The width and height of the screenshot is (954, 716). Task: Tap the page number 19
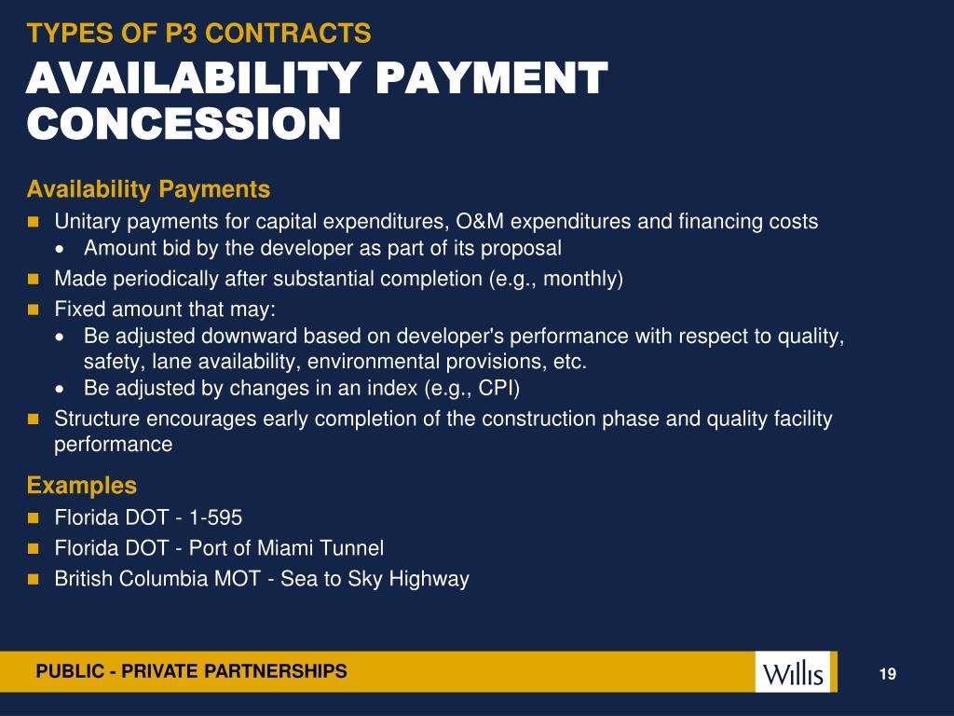[x=887, y=674]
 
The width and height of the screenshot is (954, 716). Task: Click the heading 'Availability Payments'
[x=148, y=190]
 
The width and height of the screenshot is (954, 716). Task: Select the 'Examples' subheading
[x=82, y=486]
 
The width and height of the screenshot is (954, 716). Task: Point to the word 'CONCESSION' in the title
[x=184, y=124]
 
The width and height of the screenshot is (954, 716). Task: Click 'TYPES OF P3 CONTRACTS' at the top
[x=199, y=34]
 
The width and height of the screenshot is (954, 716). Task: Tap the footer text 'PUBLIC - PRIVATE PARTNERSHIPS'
[x=191, y=671]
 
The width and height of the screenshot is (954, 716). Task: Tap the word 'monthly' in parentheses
[x=583, y=279]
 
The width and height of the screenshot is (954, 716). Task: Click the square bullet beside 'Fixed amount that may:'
[x=33, y=309]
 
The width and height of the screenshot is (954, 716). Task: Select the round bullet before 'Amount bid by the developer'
[x=61, y=250]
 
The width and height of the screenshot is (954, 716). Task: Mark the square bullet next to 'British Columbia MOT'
[x=33, y=579]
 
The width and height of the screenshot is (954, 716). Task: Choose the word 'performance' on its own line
[x=114, y=445]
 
